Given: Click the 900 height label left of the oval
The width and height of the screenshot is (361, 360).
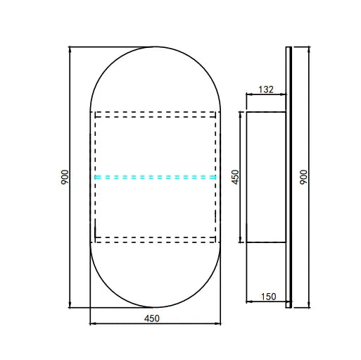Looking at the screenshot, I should pyautogui.click(x=64, y=178).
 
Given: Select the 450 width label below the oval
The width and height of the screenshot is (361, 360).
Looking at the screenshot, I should pyautogui.click(x=153, y=318).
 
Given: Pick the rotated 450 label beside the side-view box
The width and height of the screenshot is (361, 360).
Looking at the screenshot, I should pyautogui.click(x=236, y=177).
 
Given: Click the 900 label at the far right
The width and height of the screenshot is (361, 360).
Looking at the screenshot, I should pyautogui.click(x=303, y=178).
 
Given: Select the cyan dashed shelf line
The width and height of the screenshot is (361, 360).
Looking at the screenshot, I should pyautogui.click(x=155, y=177).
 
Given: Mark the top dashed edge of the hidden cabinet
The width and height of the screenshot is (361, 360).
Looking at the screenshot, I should pyautogui.click(x=155, y=112).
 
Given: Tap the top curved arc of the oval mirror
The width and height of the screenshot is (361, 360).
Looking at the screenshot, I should pyautogui.click(x=155, y=47).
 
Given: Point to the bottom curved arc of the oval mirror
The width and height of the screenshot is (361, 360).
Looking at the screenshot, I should pyautogui.click(x=155, y=308).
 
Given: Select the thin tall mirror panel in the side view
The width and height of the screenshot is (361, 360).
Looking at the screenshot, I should pyautogui.click(x=288, y=176).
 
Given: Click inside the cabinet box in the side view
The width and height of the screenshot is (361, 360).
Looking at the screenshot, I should pyautogui.click(x=264, y=176).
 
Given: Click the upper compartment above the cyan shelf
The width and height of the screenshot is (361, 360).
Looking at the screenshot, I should pyautogui.click(x=155, y=144).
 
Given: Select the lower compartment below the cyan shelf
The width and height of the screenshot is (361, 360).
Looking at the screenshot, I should pyautogui.click(x=155, y=209).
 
